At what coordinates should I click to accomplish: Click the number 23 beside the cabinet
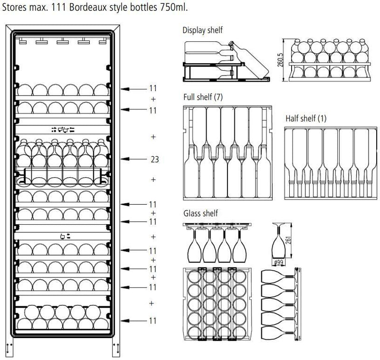click(154, 160)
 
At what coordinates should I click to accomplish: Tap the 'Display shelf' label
click(202, 30)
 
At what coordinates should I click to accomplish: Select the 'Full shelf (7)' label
click(203, 97)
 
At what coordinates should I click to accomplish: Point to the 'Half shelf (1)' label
click(306, 118)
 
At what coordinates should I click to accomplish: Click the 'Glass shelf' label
click(200, 214)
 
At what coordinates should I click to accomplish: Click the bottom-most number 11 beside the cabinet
click(152, 321)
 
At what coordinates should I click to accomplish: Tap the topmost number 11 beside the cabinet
click(152, 88)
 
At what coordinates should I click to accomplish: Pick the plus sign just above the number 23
click(153, 136)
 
